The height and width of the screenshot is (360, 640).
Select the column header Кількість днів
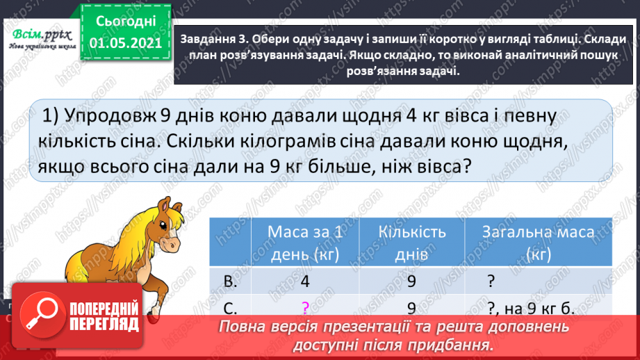tap(413, 243)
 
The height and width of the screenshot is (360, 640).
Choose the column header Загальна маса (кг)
tap(538, 243)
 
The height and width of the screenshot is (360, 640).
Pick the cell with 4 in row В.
tap(306, 282)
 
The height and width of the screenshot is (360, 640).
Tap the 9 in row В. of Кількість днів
tap(412, 282)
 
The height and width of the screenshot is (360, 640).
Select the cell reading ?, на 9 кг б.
tap(530, 308)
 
